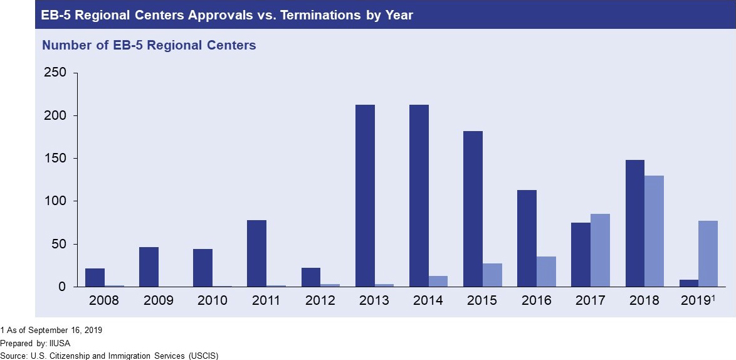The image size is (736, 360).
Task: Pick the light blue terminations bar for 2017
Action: [600, 250]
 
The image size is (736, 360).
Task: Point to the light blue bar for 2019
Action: [708, 253]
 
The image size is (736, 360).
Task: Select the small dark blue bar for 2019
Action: [688, 283]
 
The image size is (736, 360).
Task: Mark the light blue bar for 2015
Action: [492, 275]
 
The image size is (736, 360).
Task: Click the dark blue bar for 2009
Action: [149, 267]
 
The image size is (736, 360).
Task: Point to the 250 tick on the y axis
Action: [55, 73]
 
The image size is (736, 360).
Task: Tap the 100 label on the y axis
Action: [55, 201]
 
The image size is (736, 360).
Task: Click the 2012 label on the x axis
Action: [320, 300]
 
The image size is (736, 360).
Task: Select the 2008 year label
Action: [105, 300]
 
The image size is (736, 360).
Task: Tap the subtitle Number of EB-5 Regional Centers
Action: [149, 45]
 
